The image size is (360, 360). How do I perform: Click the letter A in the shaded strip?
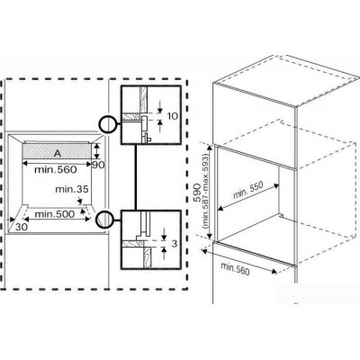(x=58, y=154)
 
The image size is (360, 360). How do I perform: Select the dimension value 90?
(x=98, y=165)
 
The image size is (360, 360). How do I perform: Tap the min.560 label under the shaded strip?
(x=56, y=169)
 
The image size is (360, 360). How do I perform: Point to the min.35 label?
(x=72, y=189)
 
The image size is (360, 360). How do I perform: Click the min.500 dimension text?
(x=55, y=214)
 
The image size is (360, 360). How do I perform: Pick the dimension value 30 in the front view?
(x=22, y=227)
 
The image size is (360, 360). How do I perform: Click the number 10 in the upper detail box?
(x=172, y=116)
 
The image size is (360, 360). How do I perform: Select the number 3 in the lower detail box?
(x=175, y=244)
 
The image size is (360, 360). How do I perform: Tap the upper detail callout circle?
(x=108, y=124)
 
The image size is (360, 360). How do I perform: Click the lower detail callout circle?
(x=105, y=220)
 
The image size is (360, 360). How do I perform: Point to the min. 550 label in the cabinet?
(x=248, y=191)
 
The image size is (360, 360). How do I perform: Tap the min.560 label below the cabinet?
(x=235, y=268)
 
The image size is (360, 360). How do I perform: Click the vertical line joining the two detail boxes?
(x=136, y=177)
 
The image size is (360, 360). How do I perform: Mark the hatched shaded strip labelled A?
(x=57, y=151)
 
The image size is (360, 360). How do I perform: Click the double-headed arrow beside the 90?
(x=96, y=151)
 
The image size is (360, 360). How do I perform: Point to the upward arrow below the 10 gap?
(x=159, y=126)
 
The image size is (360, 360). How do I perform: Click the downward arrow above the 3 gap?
(x=164, y=234)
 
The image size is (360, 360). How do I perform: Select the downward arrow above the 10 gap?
(x=159, y=107)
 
